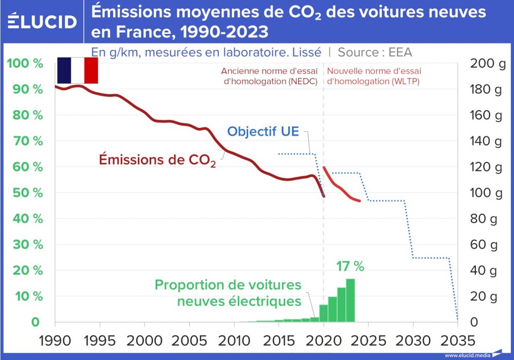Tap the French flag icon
(x=77, y=70)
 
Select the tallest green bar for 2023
(x=350, y=300)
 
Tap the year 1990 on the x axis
(x=55, y=340)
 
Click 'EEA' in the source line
(x=400, y=52)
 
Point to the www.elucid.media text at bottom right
(x=467, y=355)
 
